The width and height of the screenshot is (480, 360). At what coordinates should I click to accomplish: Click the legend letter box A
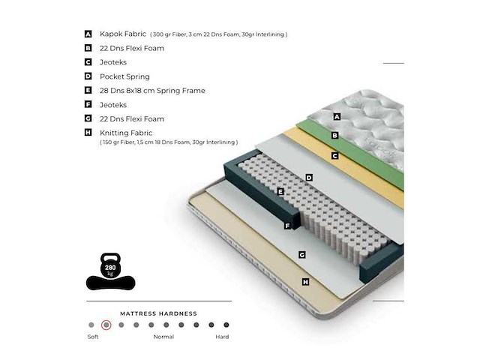(88, 34)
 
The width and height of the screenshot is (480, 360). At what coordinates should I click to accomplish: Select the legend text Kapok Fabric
(123, 34)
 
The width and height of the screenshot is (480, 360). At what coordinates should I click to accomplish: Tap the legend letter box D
(88, 76)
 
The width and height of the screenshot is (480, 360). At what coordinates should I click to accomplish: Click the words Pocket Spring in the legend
(124, 76)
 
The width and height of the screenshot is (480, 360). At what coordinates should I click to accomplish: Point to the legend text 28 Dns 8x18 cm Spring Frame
(152, 91)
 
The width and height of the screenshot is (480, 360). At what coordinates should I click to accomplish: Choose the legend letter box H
(88, 133)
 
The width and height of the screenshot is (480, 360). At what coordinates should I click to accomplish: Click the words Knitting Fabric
(126, 133)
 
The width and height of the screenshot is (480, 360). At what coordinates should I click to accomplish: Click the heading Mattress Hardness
(158, 313)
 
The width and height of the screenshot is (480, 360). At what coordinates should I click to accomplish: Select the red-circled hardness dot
(106, 325)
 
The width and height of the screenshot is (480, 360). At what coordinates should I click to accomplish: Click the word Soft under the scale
(92, 337)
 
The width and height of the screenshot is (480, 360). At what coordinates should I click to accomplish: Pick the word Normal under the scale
(163, 337)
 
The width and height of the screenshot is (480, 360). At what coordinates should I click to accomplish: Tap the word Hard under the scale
(223, 337)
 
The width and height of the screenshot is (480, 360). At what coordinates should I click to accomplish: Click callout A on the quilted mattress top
(337, 116)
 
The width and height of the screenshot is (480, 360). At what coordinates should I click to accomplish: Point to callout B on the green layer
(334, 136)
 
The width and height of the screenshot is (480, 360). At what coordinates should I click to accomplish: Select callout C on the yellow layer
(334, 156)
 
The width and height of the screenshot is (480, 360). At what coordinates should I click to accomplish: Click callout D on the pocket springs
(308, 178)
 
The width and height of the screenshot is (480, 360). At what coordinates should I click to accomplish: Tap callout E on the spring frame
(280, 192)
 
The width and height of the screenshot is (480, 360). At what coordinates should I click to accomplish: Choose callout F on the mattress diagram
(287, 226)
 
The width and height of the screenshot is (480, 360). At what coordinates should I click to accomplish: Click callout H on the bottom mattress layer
(305, 282)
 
